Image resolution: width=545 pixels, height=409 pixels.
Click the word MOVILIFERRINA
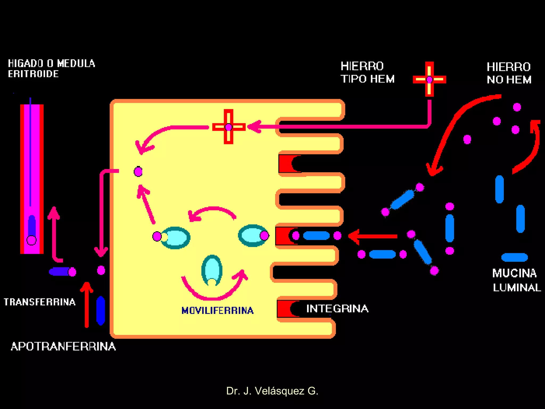coord(217,310)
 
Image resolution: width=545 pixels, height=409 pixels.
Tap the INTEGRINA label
coord(337,309)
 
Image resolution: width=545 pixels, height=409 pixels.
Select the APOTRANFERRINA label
coord(63,346)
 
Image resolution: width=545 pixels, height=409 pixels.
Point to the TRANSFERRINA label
coord(40,302)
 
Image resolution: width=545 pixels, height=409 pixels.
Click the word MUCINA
coord(514,273)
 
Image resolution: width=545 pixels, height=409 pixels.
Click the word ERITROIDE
coord(33,74)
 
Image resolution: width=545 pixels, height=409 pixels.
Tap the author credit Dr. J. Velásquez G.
coord(272,391)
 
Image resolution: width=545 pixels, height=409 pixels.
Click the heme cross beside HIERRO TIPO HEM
coord(429,79)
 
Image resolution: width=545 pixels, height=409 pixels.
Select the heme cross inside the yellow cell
coord(229,127)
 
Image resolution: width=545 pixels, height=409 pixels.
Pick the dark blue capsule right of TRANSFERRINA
coord(101,310)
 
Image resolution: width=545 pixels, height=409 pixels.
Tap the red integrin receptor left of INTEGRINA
coord(285,309)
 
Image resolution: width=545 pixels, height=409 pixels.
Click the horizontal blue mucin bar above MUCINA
coord(514,257)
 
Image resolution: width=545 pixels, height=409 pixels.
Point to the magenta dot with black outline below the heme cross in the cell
coord(138,171)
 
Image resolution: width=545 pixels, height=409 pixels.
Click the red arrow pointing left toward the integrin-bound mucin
coord(373,236)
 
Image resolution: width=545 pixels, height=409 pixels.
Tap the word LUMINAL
coord(517,288)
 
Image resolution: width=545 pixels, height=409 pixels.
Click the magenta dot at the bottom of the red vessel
coord(31,240)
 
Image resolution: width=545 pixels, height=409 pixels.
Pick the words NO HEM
coord(509,80)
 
